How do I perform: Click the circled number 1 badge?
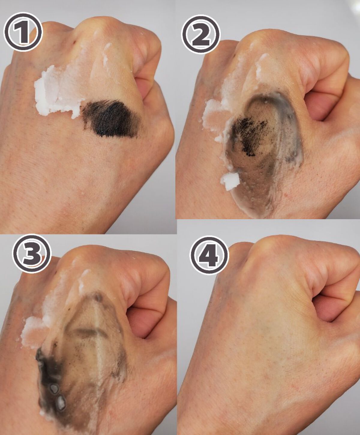pos(23,31)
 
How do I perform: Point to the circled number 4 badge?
pos(209,255)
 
